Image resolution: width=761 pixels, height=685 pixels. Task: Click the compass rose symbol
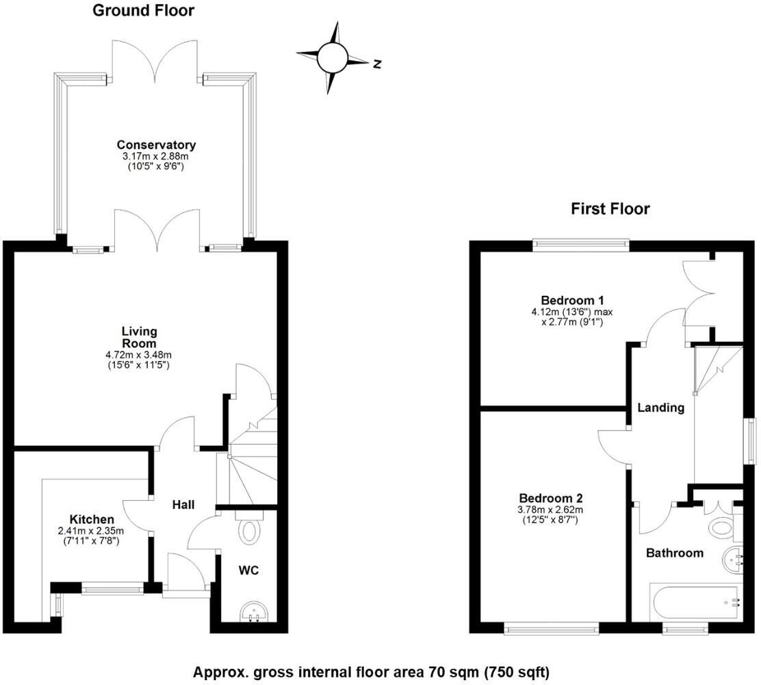[x=333, y=58]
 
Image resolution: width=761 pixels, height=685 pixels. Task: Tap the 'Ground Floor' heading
[x=143, y=10]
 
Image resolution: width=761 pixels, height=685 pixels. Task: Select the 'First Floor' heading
[x=610, y=208]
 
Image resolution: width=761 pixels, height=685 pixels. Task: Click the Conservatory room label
[x=156, y=145]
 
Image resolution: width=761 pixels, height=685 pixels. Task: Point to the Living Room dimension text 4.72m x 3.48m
[x=139, y=355]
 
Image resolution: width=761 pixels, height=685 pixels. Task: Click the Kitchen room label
[x=92, y=519]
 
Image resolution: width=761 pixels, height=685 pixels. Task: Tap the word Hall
[x=183, y=505]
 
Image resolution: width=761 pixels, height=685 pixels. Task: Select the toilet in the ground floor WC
[x=250, y=528]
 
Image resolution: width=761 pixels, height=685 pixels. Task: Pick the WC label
[x=248, y=570]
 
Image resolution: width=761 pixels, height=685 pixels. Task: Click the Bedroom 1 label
[x=572, y=300]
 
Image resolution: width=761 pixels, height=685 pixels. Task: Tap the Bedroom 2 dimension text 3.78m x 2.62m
[x=550, y=510]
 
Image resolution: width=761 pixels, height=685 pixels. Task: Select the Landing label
[x=660, y=408]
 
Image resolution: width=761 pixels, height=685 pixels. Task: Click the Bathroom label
[x=675, y=553]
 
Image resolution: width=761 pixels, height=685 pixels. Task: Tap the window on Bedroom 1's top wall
[x=581, y=241]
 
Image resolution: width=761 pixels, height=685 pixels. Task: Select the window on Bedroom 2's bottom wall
[x=552, y=627]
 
